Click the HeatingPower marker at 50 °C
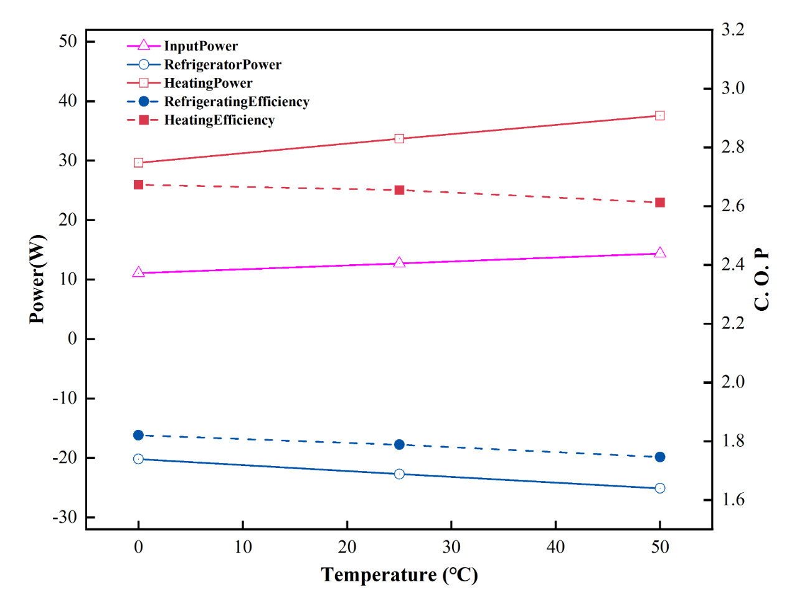(660, 116)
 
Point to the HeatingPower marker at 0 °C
(139, 163)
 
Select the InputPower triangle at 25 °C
(399, 263)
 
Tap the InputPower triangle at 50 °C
(660, 253)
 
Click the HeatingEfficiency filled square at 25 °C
(400, 190)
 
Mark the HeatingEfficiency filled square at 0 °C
(139, 185)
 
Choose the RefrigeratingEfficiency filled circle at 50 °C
(660, 457)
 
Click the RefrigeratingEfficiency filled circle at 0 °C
(139, 435)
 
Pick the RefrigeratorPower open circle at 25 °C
(399, 474)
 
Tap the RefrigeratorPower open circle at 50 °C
(660, 488)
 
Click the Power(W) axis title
(37, 279)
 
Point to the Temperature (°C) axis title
(399, 574)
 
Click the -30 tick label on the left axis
(65, 517)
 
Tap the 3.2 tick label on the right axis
(733, 30)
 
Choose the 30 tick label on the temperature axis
(451, 547)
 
